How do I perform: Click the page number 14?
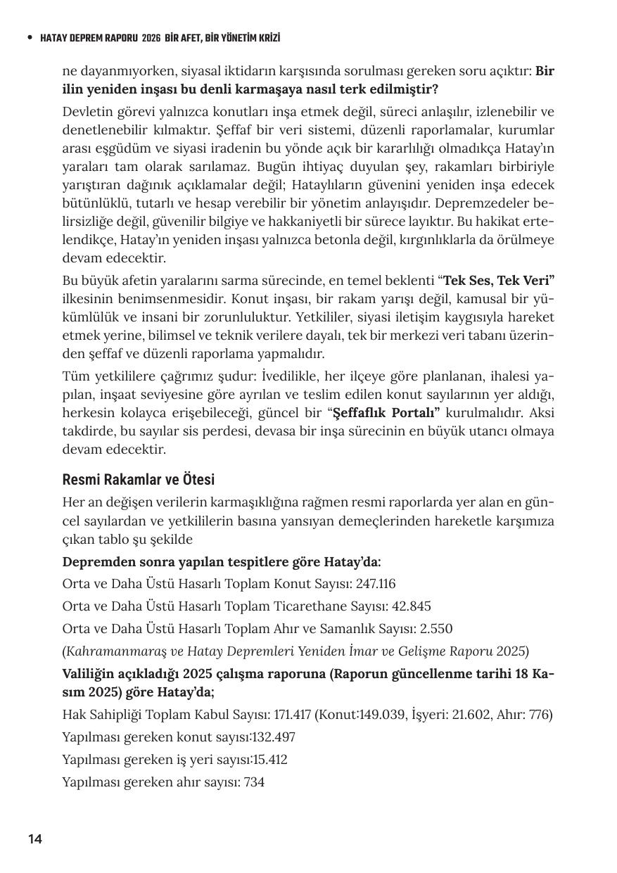(x=35, y=839)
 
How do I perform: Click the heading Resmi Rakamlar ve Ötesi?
(x=139, y=480)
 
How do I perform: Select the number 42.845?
(x=408, y=606)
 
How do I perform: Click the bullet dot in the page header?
(x=29, y=38)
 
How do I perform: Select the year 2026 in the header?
(x=151, y=38)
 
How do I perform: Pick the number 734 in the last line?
(x=253, y=782)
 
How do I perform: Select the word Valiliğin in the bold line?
(x=88, y=673)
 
